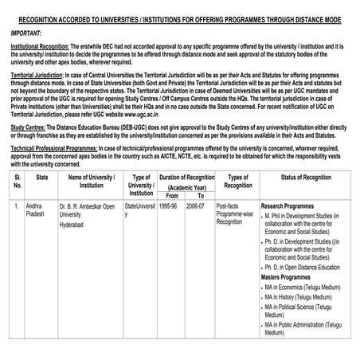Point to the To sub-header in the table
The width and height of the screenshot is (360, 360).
point(201,195)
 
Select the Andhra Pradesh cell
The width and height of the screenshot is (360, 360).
point(37,209)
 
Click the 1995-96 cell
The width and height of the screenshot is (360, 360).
point(168,205)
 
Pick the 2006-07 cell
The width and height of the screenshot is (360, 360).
point(196,205)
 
